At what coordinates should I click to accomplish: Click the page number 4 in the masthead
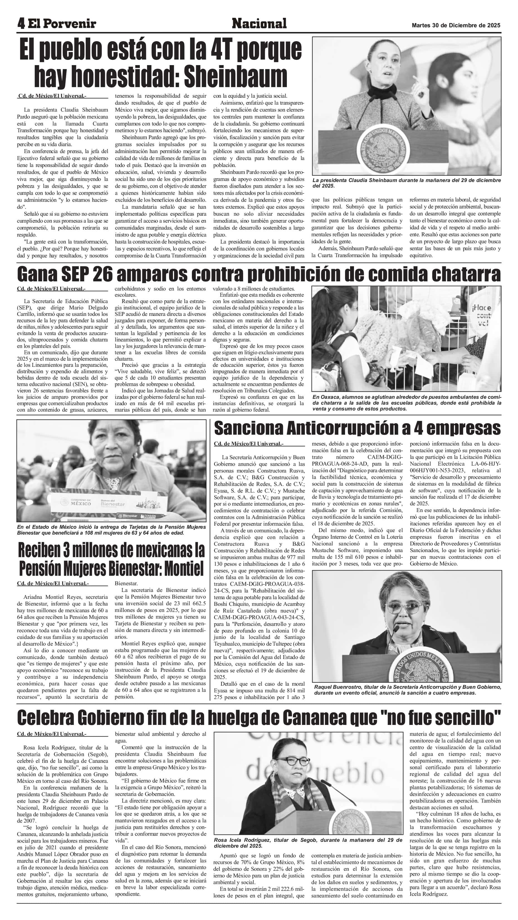(x=21, y=24)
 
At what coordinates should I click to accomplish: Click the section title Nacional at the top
(x=259, y=24)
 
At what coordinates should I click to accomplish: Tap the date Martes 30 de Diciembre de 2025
(x=456, y=26)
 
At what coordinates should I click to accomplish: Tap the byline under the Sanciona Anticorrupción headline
(x=248, y=444)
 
